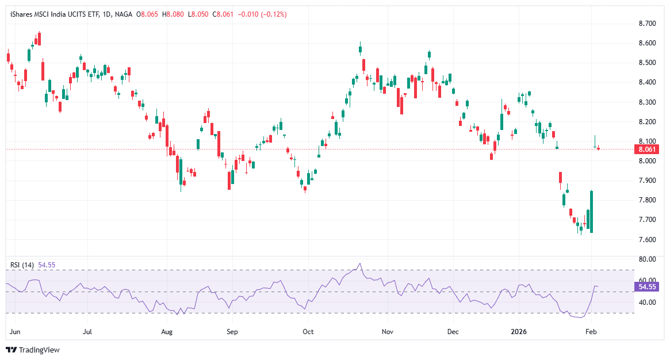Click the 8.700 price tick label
click(648, 24)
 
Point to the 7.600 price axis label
click(648, 240)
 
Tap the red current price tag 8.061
click(645, 150)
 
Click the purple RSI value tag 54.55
click(647, 286)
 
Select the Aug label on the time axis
click(167, 332)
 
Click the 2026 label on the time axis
click(519, 332)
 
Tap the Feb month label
click(591, 332)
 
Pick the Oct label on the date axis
click(308, 332)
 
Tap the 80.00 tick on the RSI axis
click(648, 259)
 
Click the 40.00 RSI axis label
click(648, 302)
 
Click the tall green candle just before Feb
click(592, 211)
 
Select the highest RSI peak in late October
click(360, 264)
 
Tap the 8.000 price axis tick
click(648, 161)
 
